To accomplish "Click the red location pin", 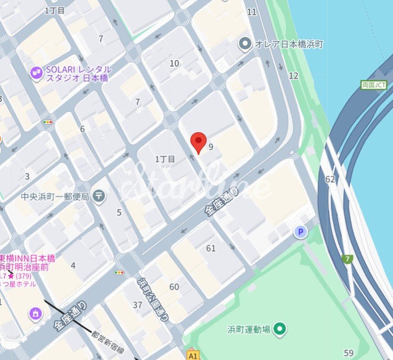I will tap(198, 142).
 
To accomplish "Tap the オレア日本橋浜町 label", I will tap(288, 44).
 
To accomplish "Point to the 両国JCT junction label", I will tap(374, 85).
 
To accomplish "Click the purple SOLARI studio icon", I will tap(35, 73).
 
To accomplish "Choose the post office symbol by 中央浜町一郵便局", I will tap(99, 196).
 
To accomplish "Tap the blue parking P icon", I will tap(301, 232).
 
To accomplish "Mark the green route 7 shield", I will tap(348, 259).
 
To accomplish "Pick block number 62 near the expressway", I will tap(330, 179).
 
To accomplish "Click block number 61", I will tap(211, 248).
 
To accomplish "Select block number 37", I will tap(138, 305).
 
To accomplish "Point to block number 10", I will tap(174, 63).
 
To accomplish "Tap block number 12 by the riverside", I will tap(293, 75).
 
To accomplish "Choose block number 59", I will tap(349, 353).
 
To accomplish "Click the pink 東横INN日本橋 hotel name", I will tap(27, 259).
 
